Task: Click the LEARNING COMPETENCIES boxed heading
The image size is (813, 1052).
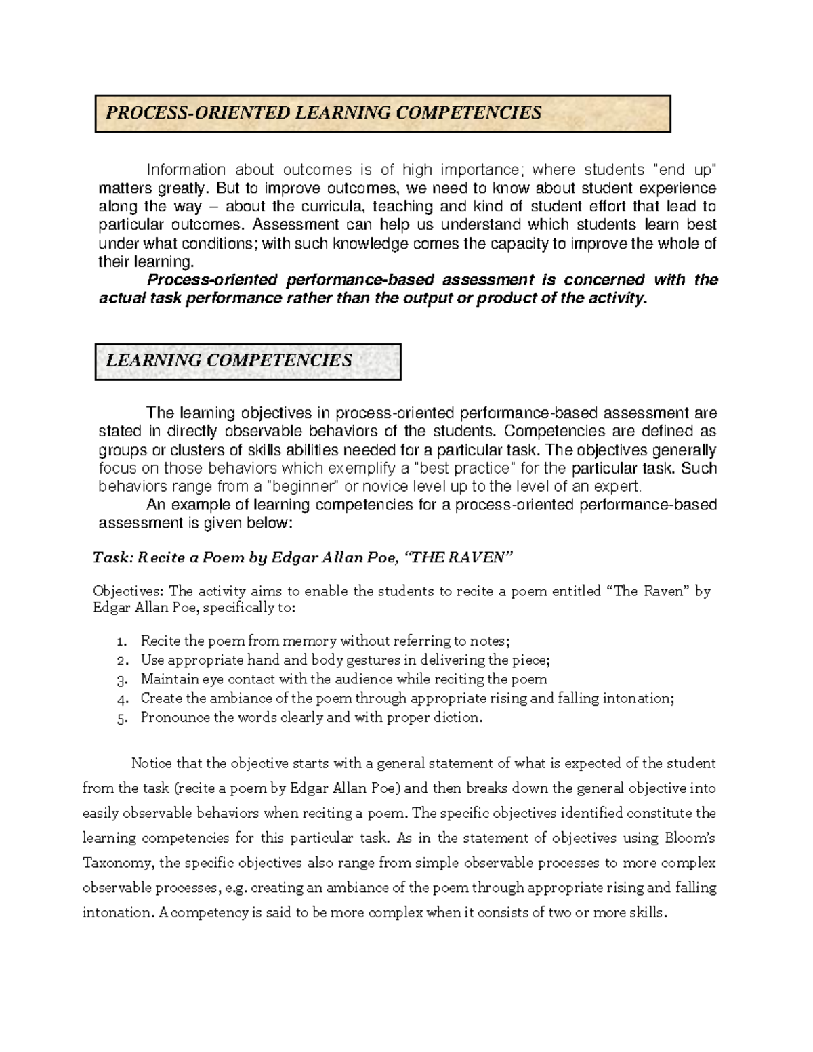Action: (229, 360)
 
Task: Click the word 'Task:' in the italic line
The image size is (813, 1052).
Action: (112, 557)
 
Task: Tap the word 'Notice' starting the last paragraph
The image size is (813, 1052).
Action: (151, 763)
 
